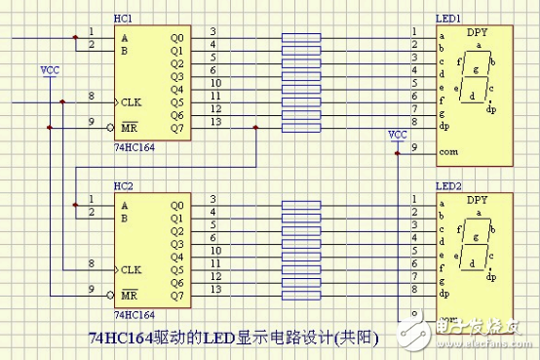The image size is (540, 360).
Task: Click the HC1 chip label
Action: click(124, 20)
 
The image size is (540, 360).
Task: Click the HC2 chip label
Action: click(124, 185)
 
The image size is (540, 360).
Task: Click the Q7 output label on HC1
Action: click(175, 127)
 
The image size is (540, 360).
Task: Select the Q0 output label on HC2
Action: click(175, 205)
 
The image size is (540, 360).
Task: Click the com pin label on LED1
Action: click(448, 152)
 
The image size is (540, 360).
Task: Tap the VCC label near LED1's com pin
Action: click(398, 134)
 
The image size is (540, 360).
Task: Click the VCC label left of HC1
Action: click(49, 71)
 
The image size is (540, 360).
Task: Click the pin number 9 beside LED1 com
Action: click(414, 147)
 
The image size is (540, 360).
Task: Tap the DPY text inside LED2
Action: click(477, 200)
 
